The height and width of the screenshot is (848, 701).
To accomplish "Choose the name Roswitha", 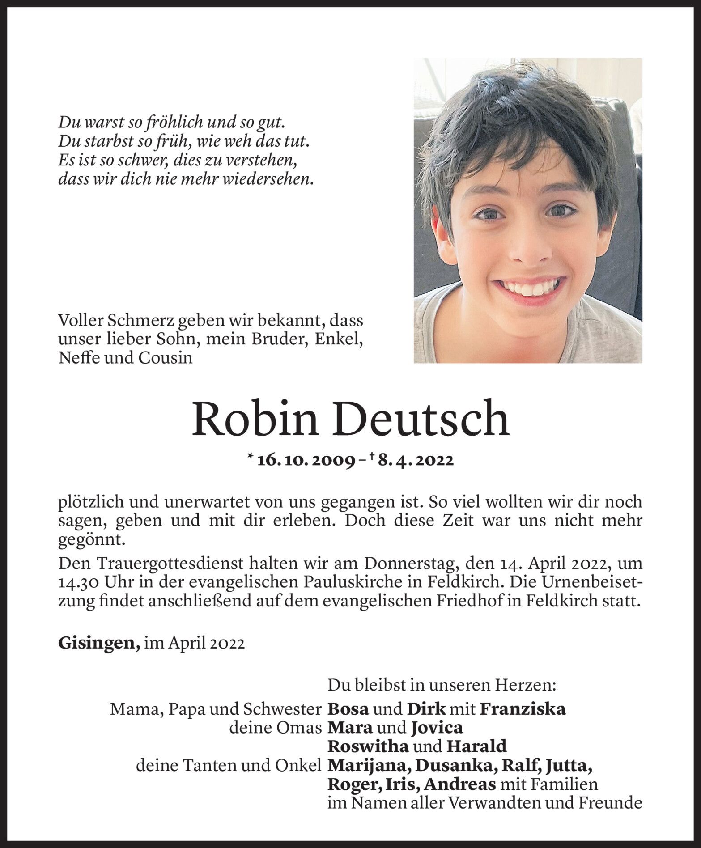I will (368, 746).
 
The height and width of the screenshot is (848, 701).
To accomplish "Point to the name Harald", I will (476, 746).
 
